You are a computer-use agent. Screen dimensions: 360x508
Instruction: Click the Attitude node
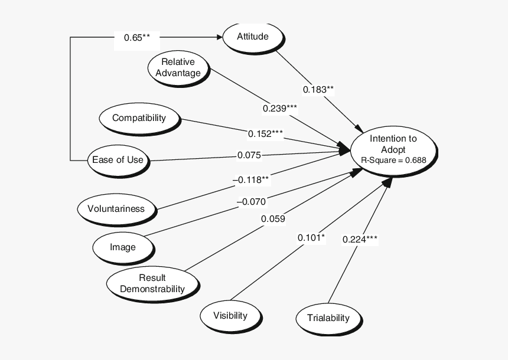tap(253, 37)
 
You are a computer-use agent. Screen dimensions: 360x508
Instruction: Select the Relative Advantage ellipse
tap(178, 67)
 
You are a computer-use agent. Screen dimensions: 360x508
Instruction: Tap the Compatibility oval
tap(139, 118)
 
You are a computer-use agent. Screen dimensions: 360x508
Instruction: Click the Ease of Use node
tap(118, 160)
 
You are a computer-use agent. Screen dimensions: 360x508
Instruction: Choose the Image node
tap(123, 247)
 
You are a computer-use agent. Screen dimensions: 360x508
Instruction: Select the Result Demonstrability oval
tap(152, 284)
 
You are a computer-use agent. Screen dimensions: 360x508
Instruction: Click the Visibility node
tap(230, 315)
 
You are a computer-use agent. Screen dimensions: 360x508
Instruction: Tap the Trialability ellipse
tap(328, 318)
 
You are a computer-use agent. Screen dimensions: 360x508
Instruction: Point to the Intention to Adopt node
tap(393, 149)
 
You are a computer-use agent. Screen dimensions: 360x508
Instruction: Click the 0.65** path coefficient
tap(136, 38)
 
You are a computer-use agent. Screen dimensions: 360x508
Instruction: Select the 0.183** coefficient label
tap(318, 90)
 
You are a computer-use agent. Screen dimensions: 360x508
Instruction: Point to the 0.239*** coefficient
tap(280, 109)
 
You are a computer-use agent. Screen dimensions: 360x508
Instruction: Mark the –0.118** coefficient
tap(250, 179)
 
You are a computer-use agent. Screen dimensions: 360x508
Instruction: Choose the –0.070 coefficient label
tap(251, 201)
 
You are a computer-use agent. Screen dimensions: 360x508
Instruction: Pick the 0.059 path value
tap(273, 219)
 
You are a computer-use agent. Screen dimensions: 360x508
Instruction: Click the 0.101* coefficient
tap(311, 238)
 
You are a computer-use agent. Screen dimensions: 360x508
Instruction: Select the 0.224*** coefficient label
tap(360, 239)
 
